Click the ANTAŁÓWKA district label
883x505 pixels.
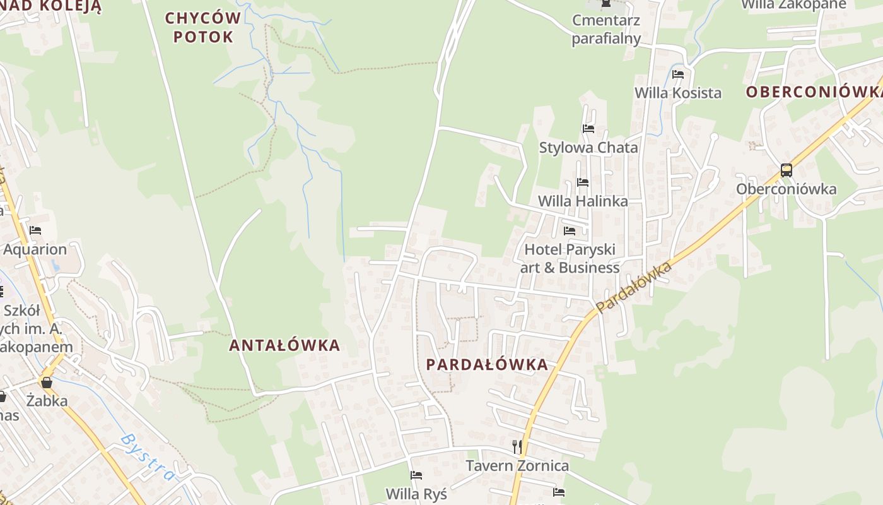pyautogui.click(x=284, y=345)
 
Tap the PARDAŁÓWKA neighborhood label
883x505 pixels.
pyautogui.click(x=487, y=365)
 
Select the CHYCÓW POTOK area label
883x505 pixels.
pyautogui.click(x=203, y=27)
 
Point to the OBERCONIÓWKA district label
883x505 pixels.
pyautogui.click(x=814, y=92)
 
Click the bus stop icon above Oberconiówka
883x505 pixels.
pyautogui.click(x=786, y=170)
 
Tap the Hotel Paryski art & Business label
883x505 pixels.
pyautogui.click(x=570, y=258)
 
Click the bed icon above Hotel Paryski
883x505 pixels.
pyautogui.click(x=570, y=230)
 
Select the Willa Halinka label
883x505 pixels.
pyautogui.click(x=582, y=201)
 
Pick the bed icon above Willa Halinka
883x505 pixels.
pyautogui.click(x=582, y=182)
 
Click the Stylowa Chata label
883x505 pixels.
pyautogui.click(x=588, y=148)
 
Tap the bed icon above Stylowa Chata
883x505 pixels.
pyautogui.click(x=588, y=129)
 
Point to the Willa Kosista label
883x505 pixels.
pyautogui.click(x=677, y=93)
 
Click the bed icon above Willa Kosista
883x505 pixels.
pyautogui.click(x=678, y=74)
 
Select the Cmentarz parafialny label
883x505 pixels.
pyautogui.click(x=605, y=29)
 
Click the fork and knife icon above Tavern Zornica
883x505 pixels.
pyautogui.click(x=517, y=447)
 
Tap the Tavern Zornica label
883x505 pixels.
pyautogui.click(x=517, y=466)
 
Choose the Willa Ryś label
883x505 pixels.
pyautogui.click(x=416, y=494)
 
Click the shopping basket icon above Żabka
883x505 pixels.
pyautogui.click(x=46, y=383)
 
